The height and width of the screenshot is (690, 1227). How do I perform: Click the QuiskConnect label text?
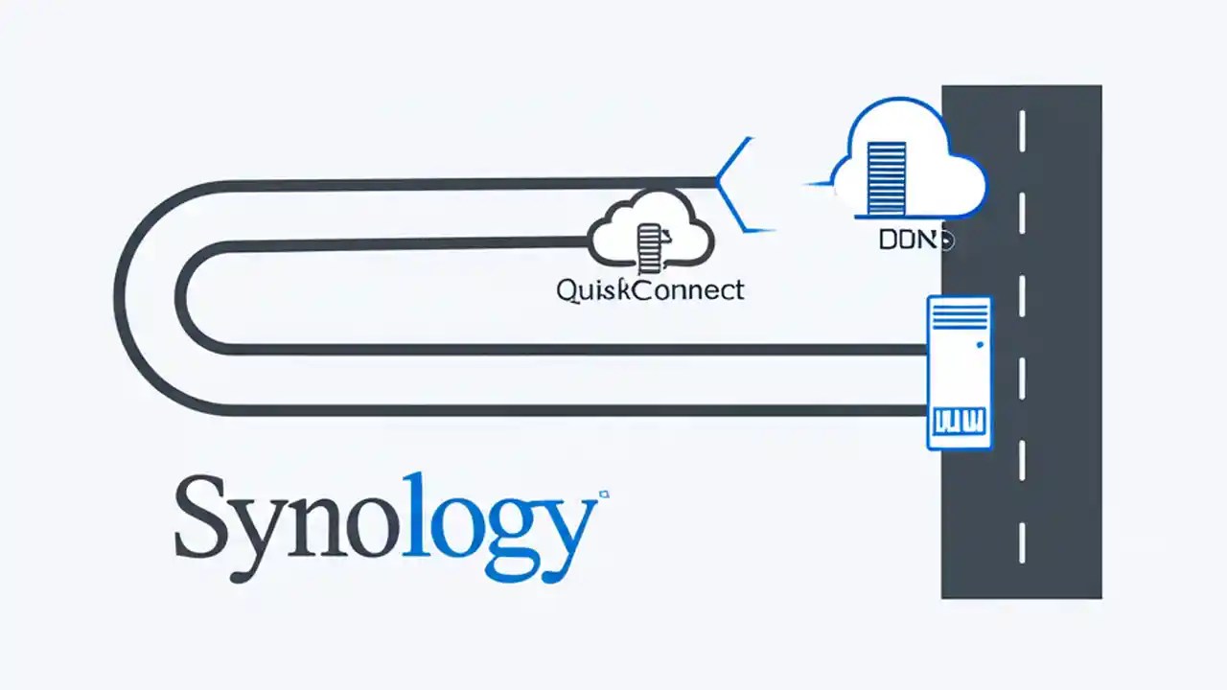click(650, 289)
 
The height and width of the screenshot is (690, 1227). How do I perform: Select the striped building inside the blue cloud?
click(886, 177)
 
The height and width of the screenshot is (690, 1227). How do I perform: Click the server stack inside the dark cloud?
click(649, 245)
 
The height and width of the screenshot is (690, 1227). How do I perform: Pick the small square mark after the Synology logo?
click(604, 495)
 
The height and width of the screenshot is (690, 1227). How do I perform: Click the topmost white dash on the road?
click(1022, 130)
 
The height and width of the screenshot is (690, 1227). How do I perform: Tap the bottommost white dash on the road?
click(1022, 542)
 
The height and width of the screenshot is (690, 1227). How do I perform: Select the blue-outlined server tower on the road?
click(959, 373)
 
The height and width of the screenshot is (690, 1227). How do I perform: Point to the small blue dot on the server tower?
click(978, 344)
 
